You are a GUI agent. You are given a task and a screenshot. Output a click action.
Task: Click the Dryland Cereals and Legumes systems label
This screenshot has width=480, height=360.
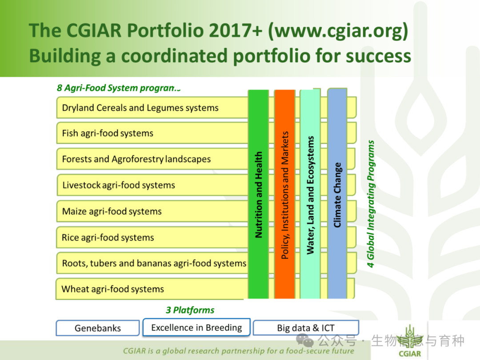click(140, 108)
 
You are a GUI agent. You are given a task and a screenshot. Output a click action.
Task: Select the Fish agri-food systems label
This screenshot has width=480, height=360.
click(108, 133)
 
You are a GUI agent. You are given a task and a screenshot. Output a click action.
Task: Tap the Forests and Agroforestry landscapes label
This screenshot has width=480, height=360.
click(136, 159)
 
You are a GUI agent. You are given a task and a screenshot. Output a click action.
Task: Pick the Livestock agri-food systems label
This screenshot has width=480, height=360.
click(119, 185)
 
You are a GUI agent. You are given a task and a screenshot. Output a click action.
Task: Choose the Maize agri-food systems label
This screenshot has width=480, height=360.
click(112, 211)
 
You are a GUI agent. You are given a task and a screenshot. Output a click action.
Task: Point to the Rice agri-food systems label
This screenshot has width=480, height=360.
click(108, 237)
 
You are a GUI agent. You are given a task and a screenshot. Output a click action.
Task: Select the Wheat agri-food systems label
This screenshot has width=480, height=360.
click(112, 289)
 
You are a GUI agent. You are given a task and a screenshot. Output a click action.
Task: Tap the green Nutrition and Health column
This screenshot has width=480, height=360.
click(258, 194)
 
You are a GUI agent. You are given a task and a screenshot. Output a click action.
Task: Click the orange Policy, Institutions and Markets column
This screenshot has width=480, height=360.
click(285, 194)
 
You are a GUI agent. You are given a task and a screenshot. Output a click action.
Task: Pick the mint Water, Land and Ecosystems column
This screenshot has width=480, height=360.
click(310, 194)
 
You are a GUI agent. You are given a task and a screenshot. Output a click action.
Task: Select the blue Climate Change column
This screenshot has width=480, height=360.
click(337, 193)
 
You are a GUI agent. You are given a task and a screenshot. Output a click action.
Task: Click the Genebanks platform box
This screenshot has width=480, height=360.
click(98, 328)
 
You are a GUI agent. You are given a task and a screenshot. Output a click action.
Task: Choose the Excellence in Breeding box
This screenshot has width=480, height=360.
click(196, 327)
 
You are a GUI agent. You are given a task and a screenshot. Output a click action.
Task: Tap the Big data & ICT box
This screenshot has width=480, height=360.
click(306, 328)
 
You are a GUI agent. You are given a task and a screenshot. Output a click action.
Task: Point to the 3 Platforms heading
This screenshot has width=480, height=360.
click(190, 310)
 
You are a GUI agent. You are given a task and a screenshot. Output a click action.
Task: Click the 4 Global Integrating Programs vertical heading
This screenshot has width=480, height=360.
click(371, 204)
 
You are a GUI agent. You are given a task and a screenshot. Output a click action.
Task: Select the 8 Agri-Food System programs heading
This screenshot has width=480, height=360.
click(119, 88)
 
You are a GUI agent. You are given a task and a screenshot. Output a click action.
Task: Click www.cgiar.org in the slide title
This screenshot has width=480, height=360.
click(338, 31)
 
